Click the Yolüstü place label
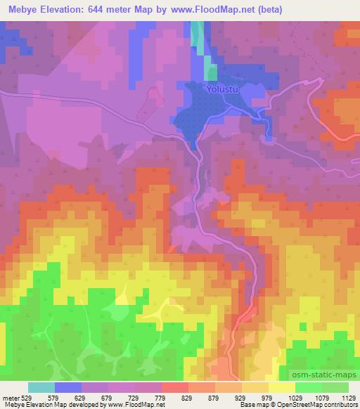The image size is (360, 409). click(221, 89)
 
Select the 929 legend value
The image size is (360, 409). click(250, 398)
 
